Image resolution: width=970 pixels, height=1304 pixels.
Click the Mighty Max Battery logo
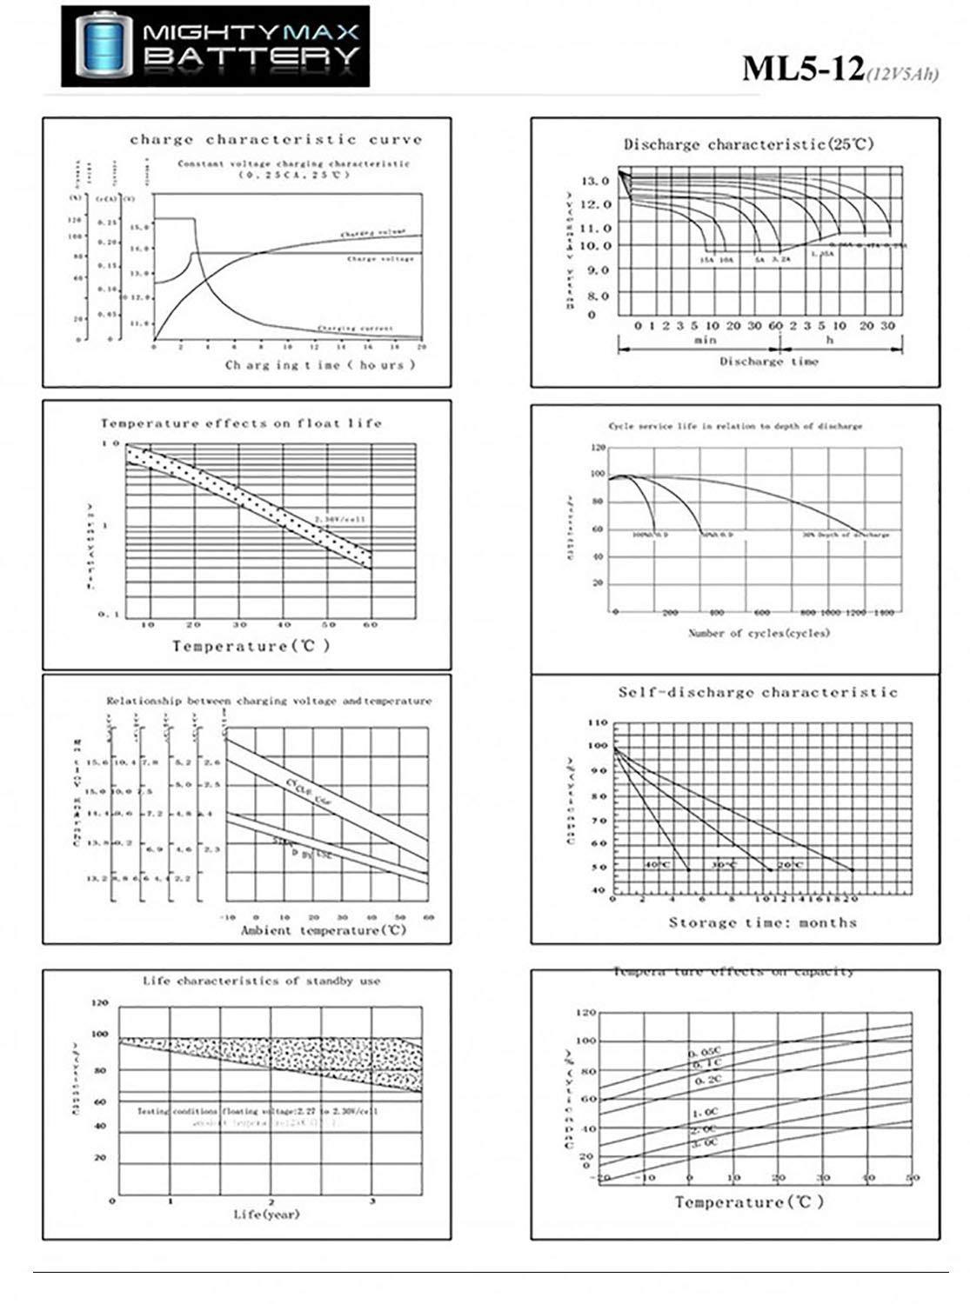[215, 46]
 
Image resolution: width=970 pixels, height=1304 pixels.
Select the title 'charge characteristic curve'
[276, 139]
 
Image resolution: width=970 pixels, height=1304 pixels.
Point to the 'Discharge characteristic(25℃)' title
[748, 144]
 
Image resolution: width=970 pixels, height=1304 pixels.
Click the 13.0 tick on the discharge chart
[596, 181]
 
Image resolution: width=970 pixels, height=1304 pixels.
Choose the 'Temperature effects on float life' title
[241, 423]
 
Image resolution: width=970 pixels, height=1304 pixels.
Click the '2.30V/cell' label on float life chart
[340, 519]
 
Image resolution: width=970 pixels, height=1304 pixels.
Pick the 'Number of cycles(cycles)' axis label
[759, 633]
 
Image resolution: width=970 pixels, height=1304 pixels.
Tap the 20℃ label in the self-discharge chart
[790, 864]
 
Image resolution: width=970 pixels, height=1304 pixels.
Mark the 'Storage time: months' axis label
[762, 922]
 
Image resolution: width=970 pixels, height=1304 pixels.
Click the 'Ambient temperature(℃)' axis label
[324, 930]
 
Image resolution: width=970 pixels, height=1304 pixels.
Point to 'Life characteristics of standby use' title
[261, 981]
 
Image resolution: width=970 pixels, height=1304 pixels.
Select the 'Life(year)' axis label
[266, 1214]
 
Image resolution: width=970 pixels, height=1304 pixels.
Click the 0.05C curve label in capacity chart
[705, 1053]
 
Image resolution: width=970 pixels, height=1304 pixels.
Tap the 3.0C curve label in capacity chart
[704, 1142]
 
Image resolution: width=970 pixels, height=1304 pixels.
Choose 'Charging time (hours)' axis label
[320, 365]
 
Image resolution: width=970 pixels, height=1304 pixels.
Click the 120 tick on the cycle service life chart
[598, 448]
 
